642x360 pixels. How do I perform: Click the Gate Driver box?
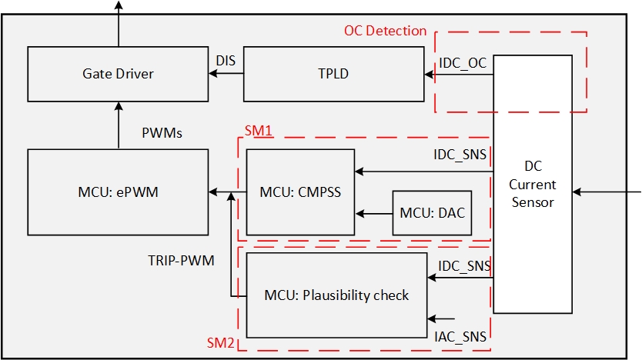coord(118,74)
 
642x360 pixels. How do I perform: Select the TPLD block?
coord(334,74)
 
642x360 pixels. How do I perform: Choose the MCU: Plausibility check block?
coord(336,295)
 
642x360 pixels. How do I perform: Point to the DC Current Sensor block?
coord(533,185)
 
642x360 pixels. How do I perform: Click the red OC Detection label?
coord(385,31)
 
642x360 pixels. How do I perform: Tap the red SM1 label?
coord(259,131)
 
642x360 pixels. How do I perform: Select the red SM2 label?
coord(220,341)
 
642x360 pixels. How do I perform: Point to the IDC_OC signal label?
coord(462,63)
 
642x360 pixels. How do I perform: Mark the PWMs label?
coord(162,133)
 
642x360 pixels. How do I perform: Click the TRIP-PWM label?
coord(181,261)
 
